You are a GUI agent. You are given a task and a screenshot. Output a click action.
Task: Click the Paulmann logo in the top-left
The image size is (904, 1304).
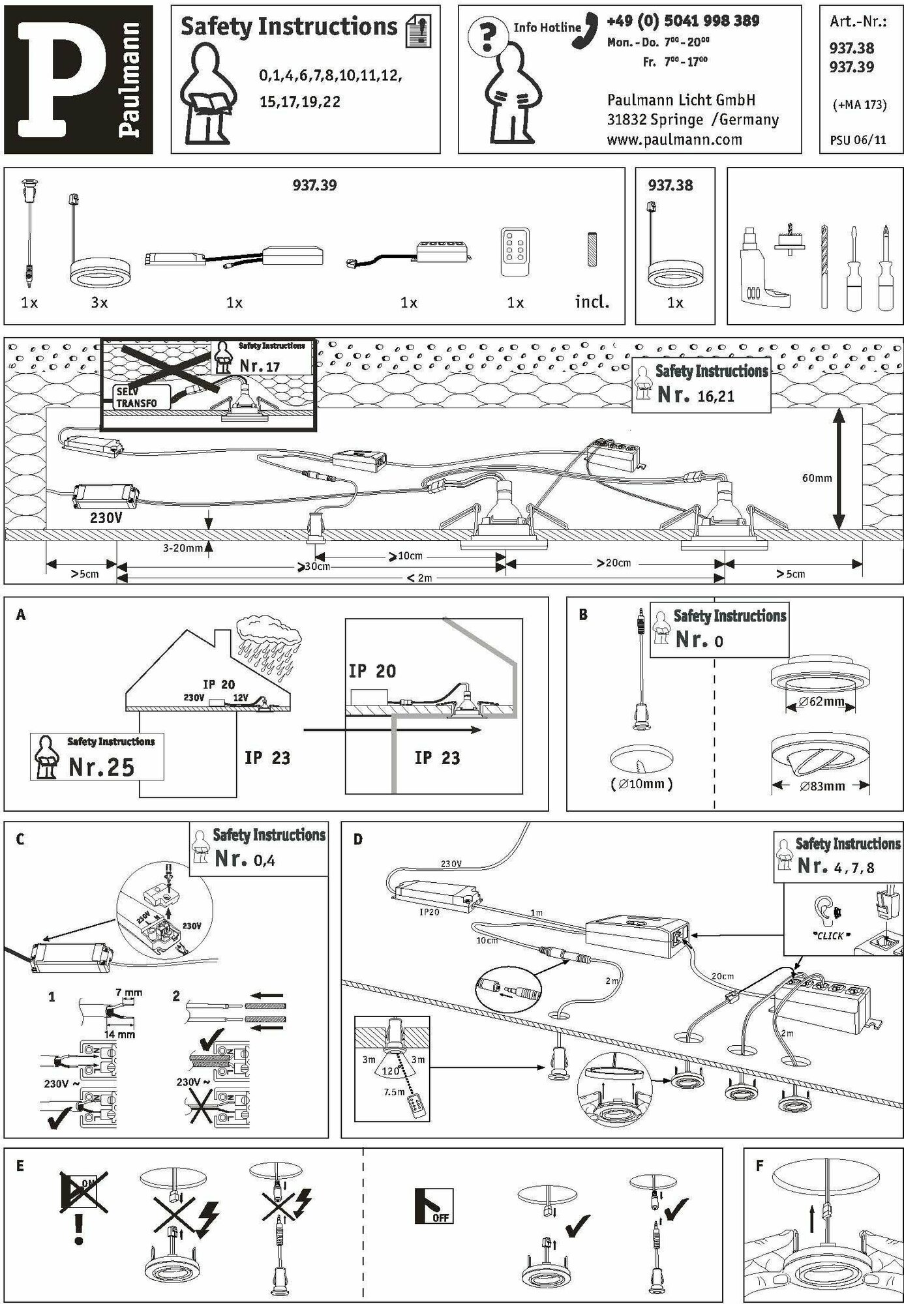pos(78,80)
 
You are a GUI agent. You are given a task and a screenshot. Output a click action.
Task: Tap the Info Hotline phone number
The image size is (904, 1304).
pos(682,22)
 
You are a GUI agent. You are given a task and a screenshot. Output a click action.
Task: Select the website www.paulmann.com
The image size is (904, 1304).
pos(674,140)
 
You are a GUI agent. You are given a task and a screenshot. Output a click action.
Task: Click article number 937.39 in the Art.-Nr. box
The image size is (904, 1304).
pos(851,67)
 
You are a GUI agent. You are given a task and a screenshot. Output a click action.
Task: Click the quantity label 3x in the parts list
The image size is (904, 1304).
pos(99,303)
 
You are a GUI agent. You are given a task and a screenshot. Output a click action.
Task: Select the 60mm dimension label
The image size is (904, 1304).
pos(817,478)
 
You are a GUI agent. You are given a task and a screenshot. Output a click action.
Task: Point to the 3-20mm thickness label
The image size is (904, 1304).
pos(183,548)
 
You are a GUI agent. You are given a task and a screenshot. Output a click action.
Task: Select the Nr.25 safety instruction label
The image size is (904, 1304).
pos(101,767)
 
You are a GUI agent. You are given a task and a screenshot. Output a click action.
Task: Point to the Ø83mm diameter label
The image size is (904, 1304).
pos(822,786)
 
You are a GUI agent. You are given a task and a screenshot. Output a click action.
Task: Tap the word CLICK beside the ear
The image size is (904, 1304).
pos(830,936)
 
